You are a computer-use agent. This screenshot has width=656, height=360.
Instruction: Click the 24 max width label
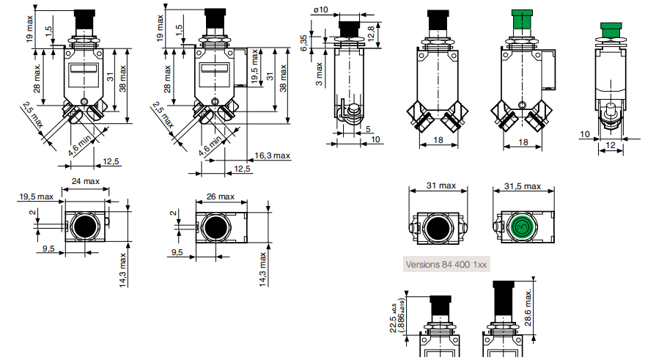85,181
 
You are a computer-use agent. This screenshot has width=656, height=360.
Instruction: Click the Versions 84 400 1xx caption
446,263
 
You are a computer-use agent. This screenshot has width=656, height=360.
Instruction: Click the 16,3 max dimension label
273,155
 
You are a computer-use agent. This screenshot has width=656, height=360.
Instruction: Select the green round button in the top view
522,228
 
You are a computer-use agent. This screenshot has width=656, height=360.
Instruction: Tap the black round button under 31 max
438,228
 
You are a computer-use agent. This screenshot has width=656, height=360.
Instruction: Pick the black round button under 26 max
218,227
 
